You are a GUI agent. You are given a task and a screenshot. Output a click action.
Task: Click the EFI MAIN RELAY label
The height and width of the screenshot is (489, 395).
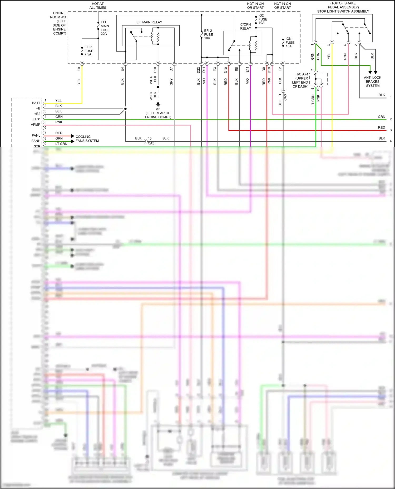pos(149,22)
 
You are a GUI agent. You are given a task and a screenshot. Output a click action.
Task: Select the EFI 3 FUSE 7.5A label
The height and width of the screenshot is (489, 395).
pos(88,51)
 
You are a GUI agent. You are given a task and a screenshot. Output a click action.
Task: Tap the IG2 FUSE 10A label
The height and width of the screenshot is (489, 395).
pos(263,19)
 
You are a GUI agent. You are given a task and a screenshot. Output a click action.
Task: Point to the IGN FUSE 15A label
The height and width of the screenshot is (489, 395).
pos(290,42)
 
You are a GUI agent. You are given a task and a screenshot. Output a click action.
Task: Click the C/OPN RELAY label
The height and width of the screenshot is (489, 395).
pos(245,26)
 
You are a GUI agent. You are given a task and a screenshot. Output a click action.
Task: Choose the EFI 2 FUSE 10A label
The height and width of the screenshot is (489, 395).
pos(208,34)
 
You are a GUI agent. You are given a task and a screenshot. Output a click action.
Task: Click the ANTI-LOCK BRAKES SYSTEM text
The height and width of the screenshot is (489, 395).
pos(372,81)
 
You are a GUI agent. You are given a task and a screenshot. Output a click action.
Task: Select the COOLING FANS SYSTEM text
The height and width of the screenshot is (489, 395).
pos(87,139)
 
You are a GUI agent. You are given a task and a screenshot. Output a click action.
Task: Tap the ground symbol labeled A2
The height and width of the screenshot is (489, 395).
pos(158,104)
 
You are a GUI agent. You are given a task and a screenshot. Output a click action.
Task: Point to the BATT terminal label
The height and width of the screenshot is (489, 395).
pos(36,103)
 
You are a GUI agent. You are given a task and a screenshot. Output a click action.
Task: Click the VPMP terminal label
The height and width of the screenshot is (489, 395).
pos(36,125)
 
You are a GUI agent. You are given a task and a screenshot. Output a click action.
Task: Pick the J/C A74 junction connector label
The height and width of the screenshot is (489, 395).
pos(302,74)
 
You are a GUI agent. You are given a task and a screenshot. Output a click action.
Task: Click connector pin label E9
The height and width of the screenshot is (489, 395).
pos(79,69)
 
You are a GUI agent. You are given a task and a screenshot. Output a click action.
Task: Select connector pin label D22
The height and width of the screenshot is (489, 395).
pos(198,70)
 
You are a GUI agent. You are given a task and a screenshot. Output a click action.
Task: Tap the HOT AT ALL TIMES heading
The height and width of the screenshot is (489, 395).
pos(98,6)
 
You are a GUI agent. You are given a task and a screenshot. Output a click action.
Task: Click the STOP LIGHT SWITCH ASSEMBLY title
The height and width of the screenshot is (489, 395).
pos(343,11)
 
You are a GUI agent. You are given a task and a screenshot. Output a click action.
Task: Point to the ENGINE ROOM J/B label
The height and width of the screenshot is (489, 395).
pos(59,15)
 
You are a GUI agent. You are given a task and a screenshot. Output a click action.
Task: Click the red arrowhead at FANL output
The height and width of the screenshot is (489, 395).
pos(73,136)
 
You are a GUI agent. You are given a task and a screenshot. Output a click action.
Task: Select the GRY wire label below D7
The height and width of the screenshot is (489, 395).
pos(171,82)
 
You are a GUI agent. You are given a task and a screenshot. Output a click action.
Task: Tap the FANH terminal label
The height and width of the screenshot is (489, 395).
pos(36,141)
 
